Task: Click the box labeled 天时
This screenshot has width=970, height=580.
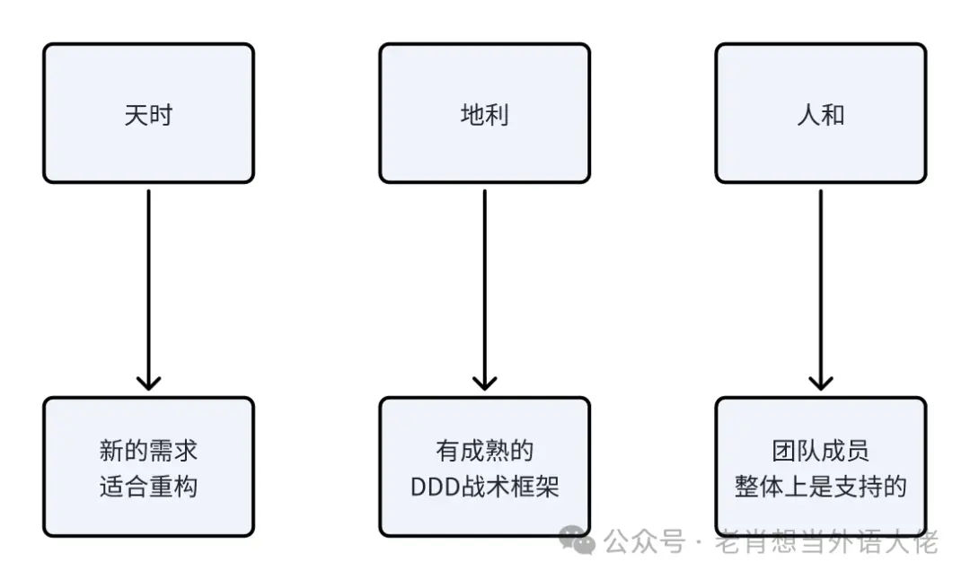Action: pos(148,113)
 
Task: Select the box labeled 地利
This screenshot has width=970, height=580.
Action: pos(484,113)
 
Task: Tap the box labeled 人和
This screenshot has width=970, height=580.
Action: pos(820,113)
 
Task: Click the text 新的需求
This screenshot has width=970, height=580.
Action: pos(148,450)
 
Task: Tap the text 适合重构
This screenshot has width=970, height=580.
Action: pos(148,486)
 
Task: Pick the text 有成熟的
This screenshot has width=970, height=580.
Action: pos(484,450)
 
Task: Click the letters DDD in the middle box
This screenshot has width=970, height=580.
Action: pos(434,487)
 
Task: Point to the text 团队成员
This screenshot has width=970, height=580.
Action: pos(820,450)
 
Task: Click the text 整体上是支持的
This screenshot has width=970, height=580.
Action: pos(820,486)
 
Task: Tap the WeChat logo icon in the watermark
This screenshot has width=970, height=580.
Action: pos(576,540)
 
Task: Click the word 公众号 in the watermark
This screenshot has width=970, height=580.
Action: pos(643,541)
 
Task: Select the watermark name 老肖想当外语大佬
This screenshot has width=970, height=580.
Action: pos(826,542)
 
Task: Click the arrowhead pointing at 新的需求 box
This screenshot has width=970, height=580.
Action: pos(148,382)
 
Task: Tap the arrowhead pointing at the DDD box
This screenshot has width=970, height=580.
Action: pos(484,382)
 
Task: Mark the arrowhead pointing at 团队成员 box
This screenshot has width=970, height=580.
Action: pos(820,382)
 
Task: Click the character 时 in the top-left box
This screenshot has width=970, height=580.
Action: pos(161,114)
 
